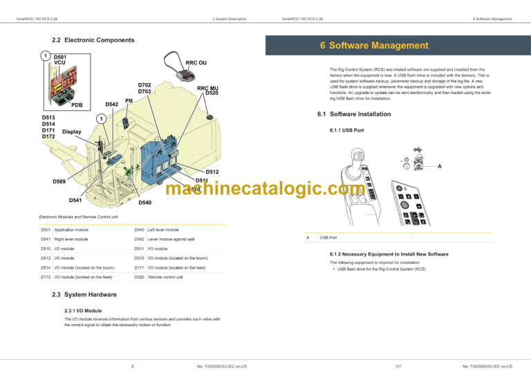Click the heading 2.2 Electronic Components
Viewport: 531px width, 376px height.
tap(93, 40)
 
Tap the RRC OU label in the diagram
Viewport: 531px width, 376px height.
tap(196, 62)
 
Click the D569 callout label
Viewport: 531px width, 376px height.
tap(60, 181)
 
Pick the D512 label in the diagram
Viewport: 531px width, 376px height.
tap(212, 172)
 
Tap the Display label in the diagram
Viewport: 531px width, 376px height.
tap(72, 132)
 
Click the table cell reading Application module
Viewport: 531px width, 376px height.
tap(71, 229)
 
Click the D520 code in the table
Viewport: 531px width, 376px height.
tap(140, 277)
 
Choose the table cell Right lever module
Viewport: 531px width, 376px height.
tap(71, 239)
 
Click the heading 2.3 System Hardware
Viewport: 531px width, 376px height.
tap(84, 295)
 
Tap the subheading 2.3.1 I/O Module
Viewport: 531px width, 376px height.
tap(83, 311)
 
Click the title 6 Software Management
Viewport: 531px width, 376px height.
tap(374, 46)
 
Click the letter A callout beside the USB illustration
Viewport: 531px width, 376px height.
tap(439, 166)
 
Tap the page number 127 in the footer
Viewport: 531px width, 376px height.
tap(398, 366)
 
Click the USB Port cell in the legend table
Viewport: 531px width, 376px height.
tap(328, 238)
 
